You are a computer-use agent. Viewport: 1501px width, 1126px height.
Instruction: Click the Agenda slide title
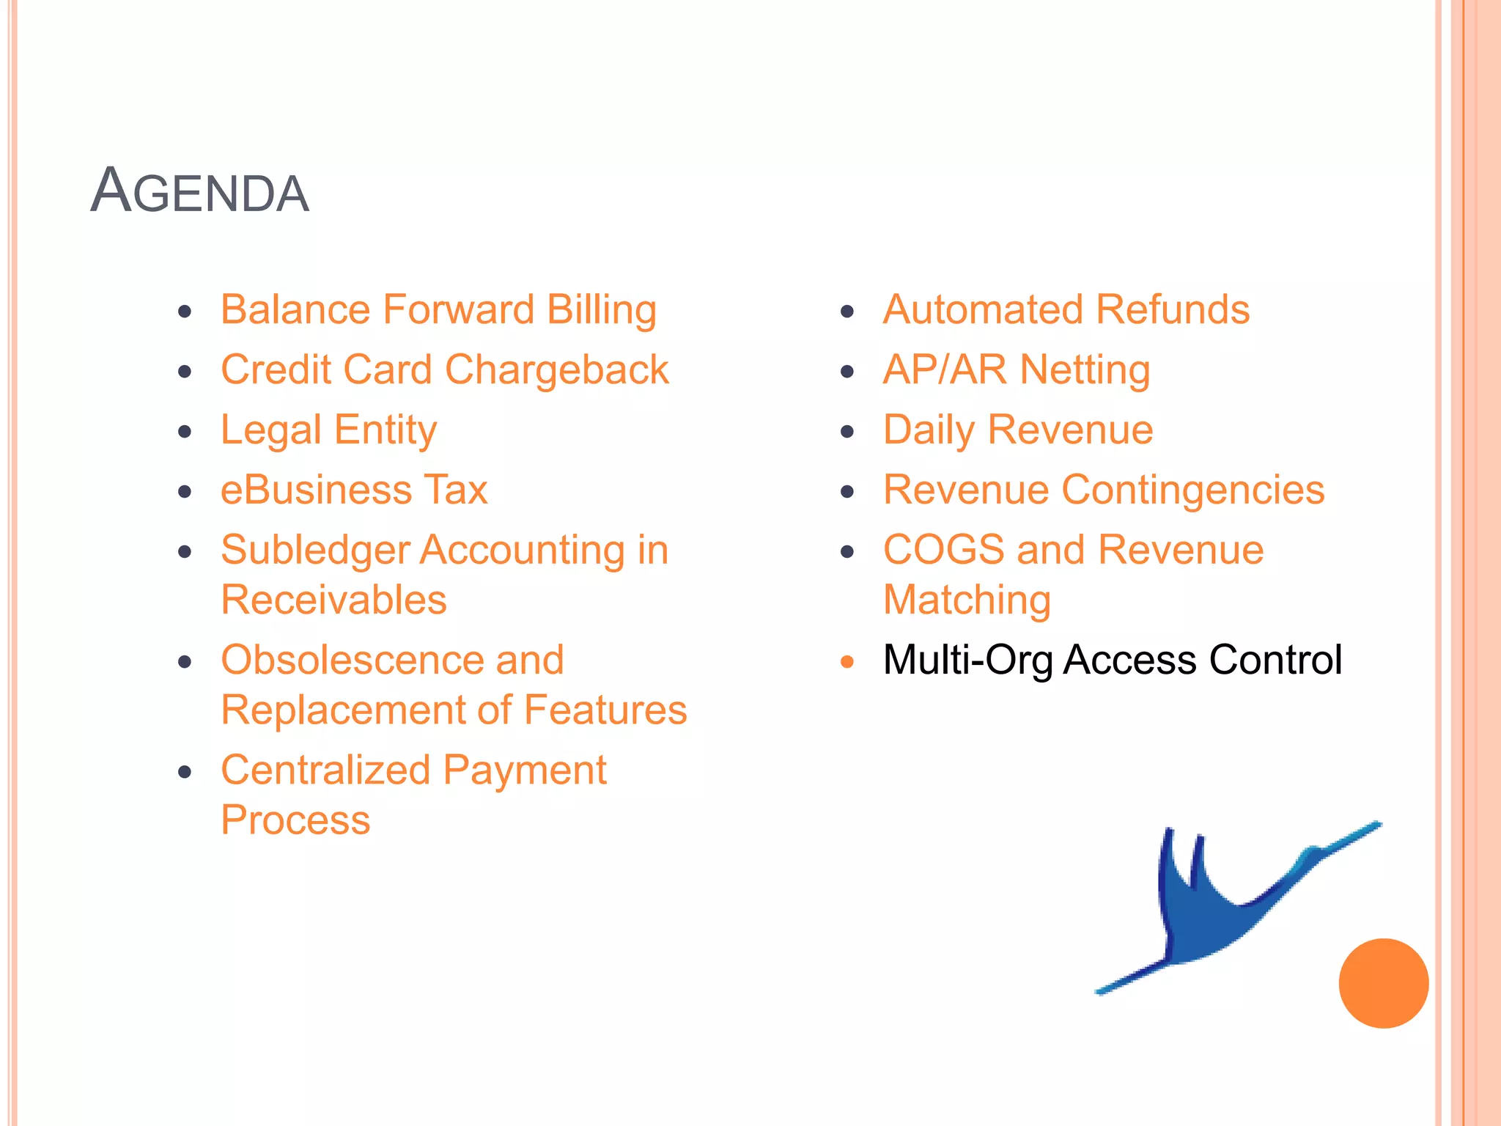[199, 191]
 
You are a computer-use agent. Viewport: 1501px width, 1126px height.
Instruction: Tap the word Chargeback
[556, 369]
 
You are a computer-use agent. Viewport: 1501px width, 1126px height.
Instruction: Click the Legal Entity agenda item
[328, 430]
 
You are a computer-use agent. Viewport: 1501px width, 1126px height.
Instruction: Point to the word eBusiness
[316, 490]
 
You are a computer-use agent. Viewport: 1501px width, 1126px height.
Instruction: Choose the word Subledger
[314, 551]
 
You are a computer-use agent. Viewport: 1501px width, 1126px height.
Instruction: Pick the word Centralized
[325, 770]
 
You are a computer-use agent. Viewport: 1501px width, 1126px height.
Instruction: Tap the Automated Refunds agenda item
[1066, 309]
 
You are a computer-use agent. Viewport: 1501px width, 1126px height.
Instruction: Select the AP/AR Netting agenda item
[1016, 369]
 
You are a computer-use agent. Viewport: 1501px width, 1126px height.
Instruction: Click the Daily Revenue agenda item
[1017, 430]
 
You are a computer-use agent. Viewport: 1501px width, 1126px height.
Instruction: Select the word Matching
[967, 600]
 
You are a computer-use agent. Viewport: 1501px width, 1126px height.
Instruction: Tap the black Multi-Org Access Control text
[1112, 660]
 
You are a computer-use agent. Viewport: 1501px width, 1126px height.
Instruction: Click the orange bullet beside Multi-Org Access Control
[847, 662]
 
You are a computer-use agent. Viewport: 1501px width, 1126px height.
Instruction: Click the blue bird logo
[1217, 909]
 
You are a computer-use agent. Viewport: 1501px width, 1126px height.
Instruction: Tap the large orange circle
[1383, 983]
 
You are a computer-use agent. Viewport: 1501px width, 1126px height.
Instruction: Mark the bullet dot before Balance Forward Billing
[185, 312]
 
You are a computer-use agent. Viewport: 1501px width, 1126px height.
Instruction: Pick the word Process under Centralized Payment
[295, 820]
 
